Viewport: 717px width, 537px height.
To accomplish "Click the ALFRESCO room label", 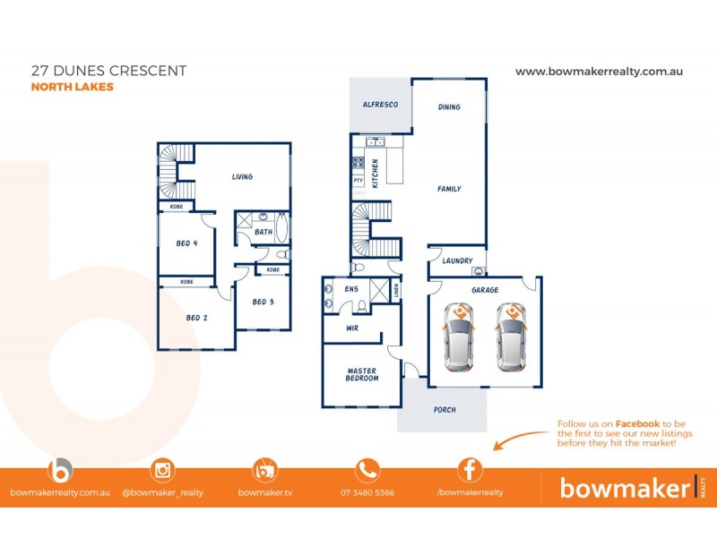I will (x=380, y=105).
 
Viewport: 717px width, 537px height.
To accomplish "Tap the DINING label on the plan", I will (x=449, y=107).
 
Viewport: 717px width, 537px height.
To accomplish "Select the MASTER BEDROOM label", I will (x=362, y=374).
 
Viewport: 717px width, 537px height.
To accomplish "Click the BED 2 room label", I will (x=197, y=318).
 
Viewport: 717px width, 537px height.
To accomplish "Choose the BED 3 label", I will (x=263, y=302).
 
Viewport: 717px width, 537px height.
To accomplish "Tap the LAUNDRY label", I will (x=457, y=260).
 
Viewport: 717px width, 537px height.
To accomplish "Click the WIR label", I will (x=352, y=328).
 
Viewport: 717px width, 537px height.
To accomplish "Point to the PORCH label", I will (x=445, y=410).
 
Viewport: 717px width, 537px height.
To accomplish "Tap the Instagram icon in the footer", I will (x=162, y=470).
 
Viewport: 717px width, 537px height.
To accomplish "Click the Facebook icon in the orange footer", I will (x=471, y=470).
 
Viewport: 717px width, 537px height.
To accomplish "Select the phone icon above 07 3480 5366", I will (x=367, y=470).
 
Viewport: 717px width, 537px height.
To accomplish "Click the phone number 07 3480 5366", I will (x=367, y=492).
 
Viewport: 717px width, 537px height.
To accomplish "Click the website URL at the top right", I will (x=600, y=71).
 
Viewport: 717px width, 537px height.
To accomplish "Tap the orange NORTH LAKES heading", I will (x=73, y=87).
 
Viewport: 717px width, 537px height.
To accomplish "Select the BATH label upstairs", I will (x=263, y=232).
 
